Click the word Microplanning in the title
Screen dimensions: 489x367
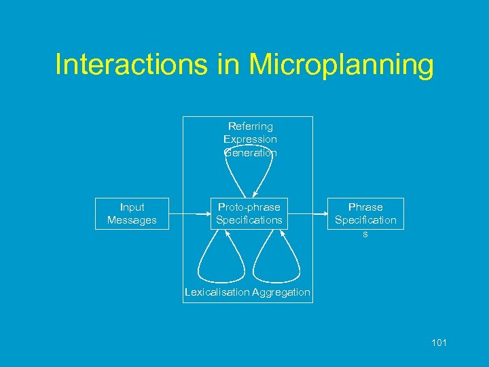pos(342,66)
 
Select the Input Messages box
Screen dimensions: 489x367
pos(131,213)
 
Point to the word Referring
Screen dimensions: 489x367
pos(250,126)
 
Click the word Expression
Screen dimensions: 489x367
pos(250,139)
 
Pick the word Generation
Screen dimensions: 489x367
pos(250,153)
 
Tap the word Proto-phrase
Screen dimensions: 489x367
pos(249,207)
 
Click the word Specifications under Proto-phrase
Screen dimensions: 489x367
pos(249,220)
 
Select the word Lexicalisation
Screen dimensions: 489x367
pos(217,293)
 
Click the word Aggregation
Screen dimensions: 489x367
pos(281,293)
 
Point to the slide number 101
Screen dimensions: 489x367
pos(439,343)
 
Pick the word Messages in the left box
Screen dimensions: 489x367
pos(131,220)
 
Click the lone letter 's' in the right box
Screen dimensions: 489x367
pos(365,233)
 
